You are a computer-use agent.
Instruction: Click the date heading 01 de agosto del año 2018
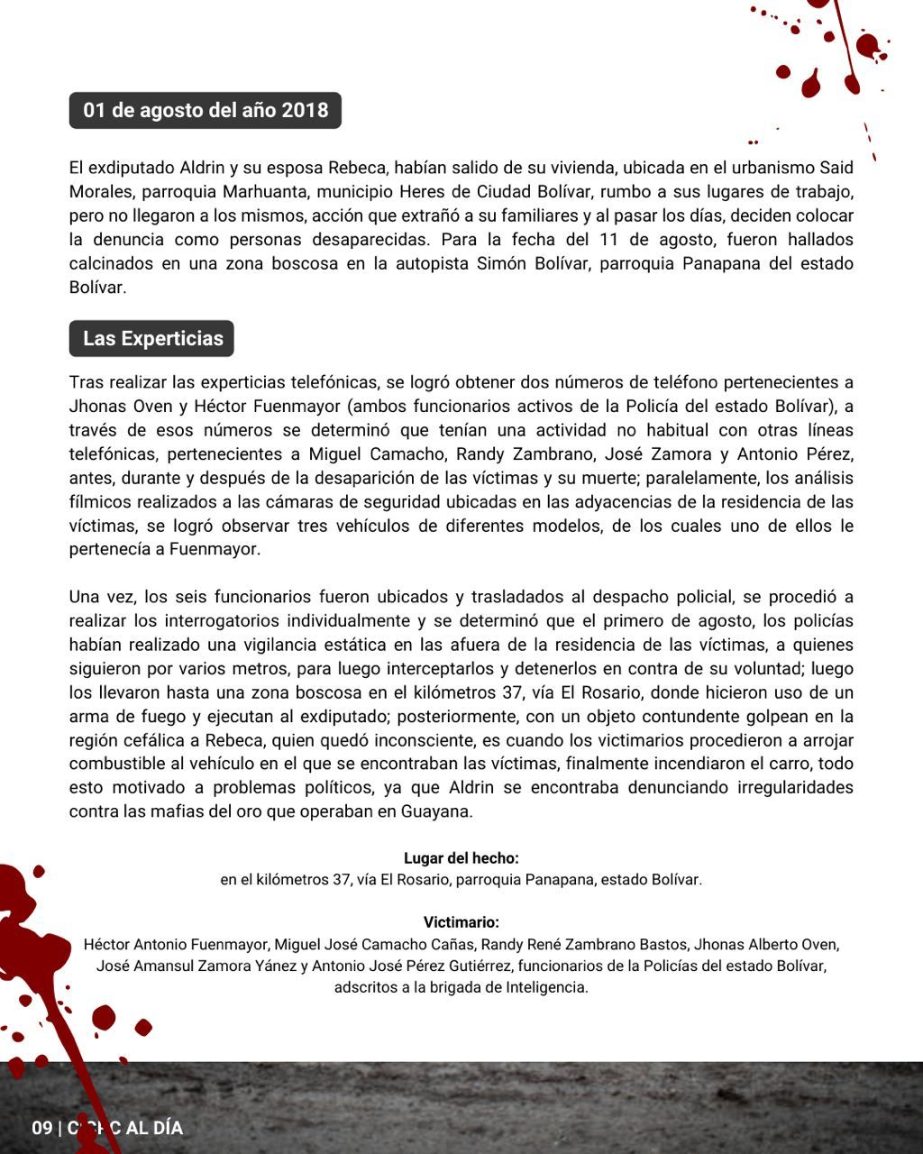[206, 111]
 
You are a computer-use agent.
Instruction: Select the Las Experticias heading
[152, 339]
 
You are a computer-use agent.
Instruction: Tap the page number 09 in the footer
[41, 1128]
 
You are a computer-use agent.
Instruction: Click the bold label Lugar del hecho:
[461, 858]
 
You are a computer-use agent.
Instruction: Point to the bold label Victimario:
[461, 922]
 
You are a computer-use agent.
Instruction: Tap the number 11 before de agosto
[608, 240]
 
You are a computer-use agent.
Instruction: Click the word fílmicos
[100, 502]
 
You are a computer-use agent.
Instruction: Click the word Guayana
[436, 811]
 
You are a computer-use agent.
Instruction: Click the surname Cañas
[450, 945]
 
